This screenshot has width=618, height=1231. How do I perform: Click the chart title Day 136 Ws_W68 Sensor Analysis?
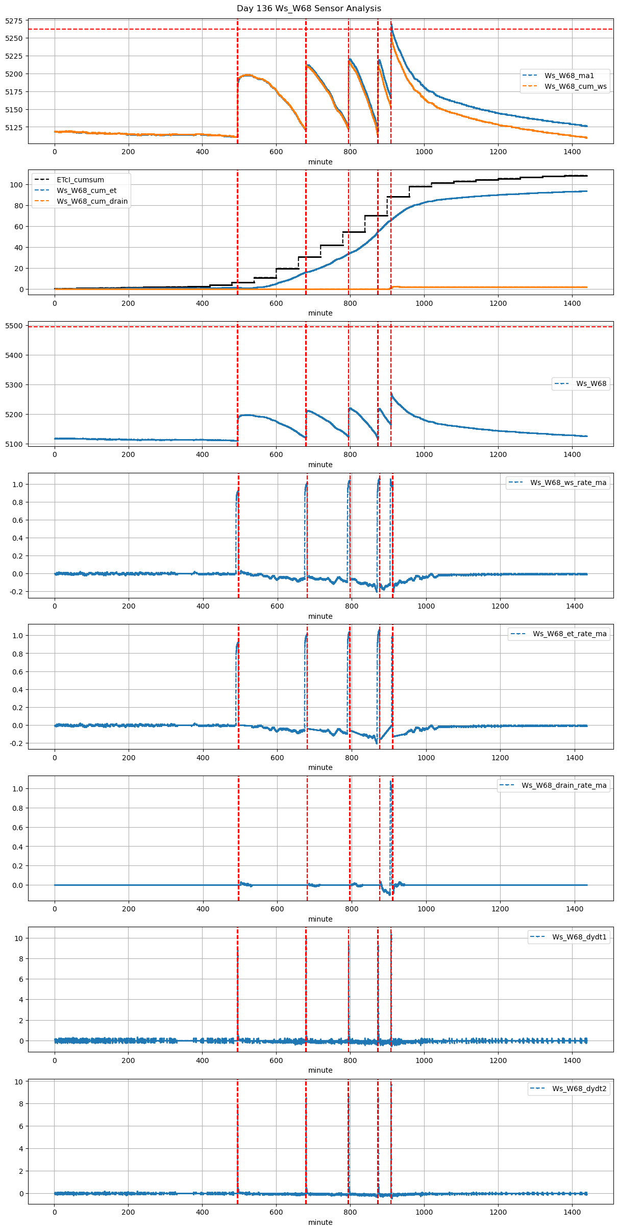click(x=309, y=9)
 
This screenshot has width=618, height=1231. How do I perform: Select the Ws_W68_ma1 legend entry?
click(x=569, y=76)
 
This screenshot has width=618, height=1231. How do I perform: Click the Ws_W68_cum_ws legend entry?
click(x=575, y=86)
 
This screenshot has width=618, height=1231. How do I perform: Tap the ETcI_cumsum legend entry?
click(x=80, y=180)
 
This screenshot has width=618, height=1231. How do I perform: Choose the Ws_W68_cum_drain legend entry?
click(x=92, y=201)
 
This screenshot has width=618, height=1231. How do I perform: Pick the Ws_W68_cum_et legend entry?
click(x=86, y=190)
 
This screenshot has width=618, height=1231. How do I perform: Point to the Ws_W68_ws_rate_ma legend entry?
click(x=568, y=482)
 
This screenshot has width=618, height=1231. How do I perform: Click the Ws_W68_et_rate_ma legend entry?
click(x=570, y=634)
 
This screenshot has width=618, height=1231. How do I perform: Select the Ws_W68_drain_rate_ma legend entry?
click(x=564, y=785)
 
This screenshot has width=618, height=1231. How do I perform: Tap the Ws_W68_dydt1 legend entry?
click(x=579, y=937)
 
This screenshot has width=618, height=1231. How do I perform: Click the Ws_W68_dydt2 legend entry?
click(x=579, y=1089)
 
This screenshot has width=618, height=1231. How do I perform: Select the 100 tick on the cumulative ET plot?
click(x=18, y=185)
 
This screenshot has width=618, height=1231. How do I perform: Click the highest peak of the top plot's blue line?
click(x=391, y=23)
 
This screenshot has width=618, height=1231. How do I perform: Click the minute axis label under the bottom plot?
click(x=320, y=1222)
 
